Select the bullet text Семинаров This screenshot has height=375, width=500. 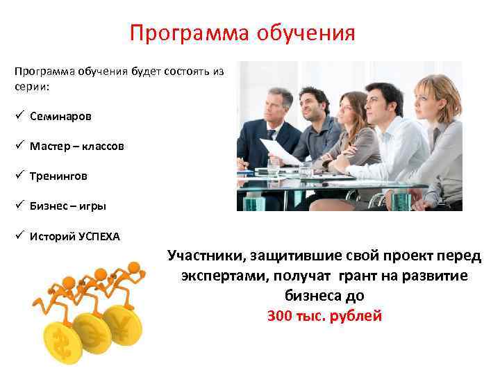pos(60,117)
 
